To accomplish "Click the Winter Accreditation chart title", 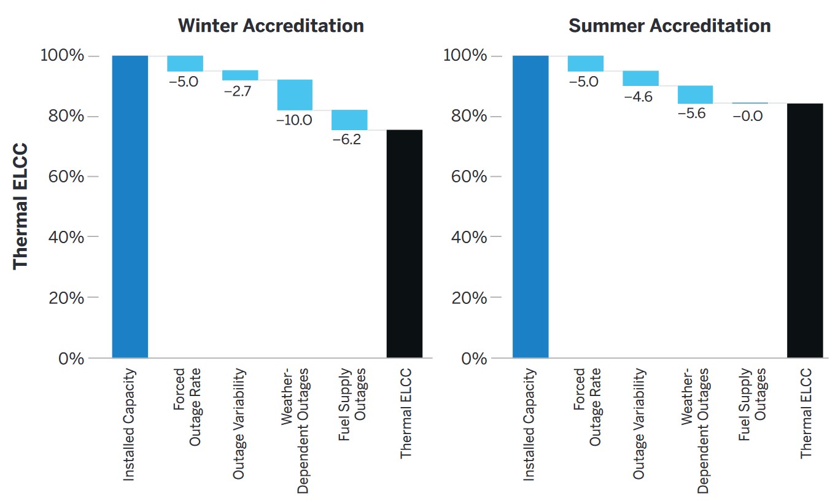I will (271, 26).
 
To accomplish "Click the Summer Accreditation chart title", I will (669, 26).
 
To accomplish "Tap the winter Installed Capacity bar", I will (130, 206).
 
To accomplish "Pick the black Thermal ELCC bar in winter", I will (405, 243).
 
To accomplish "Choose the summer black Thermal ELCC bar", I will (805, 230).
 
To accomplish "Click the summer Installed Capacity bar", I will (530, 206).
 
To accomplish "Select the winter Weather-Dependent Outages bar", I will (295, 95).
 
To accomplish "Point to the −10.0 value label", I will (295, 120).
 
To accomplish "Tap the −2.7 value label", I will (239, 91).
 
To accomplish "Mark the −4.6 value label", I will (640, 96).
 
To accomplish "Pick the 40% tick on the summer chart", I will (470, 237).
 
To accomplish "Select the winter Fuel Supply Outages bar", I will (349, 120).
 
